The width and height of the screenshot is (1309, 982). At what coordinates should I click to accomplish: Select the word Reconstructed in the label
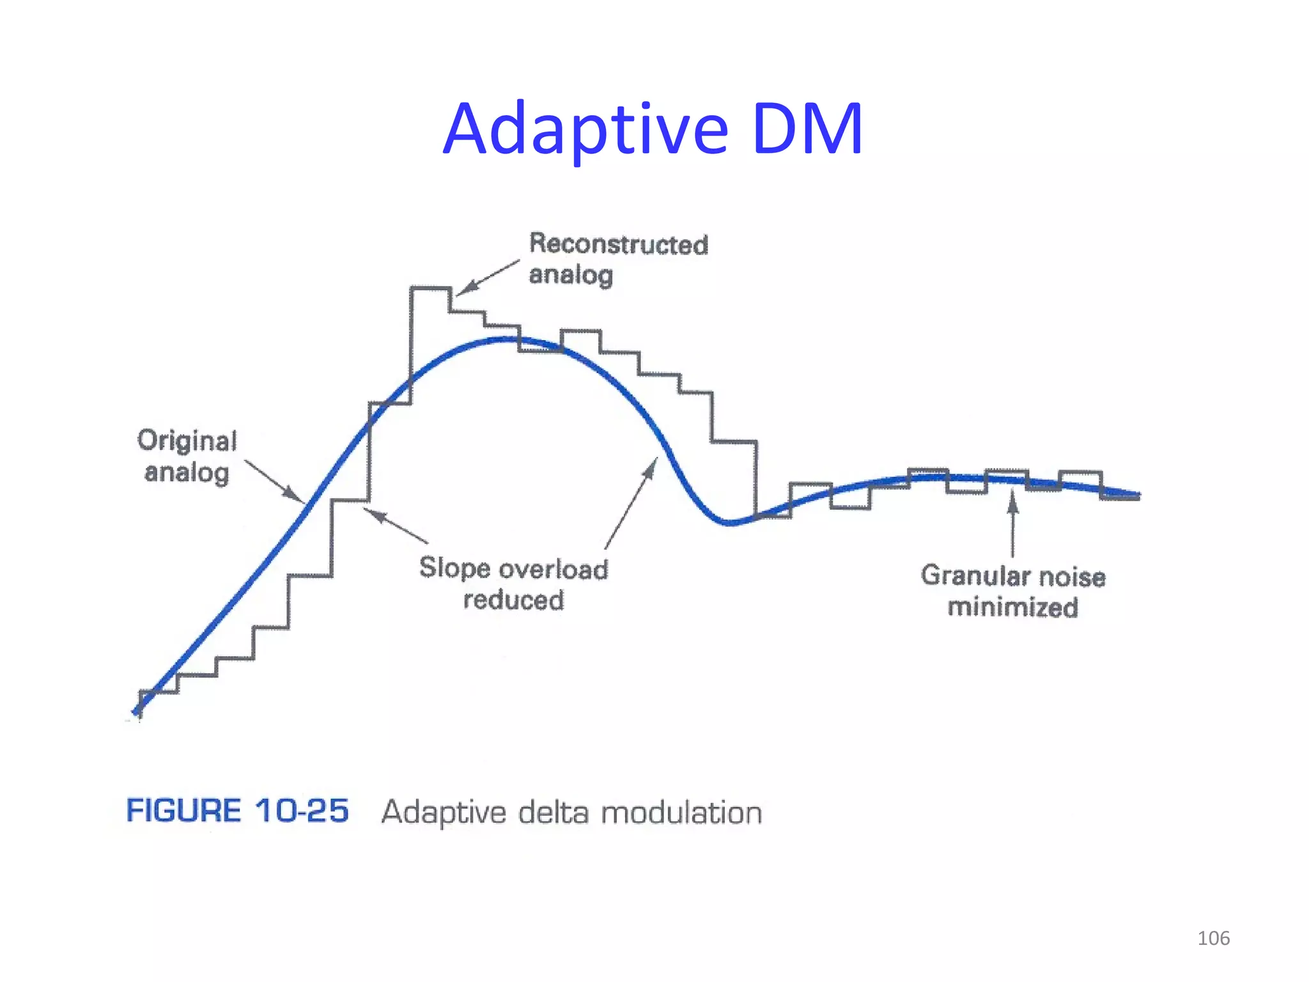619,244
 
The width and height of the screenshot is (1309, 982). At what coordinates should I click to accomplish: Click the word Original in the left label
187,440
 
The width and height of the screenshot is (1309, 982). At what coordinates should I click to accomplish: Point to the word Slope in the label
454,568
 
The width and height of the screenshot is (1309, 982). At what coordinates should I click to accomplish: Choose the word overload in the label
554,569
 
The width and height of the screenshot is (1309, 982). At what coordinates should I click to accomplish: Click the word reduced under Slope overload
514,600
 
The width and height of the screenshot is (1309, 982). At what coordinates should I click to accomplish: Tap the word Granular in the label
970,575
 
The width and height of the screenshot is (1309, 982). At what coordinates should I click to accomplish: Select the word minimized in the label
1012,607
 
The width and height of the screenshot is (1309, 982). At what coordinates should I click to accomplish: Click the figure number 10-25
302,811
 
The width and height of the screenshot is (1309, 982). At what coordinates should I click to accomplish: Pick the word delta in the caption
555,813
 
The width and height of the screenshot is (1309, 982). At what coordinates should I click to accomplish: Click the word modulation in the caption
681,813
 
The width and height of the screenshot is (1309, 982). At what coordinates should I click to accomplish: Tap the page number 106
1213,938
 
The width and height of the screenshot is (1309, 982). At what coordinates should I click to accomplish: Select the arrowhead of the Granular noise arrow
1012,501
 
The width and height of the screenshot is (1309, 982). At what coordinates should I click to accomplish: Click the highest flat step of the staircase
430,289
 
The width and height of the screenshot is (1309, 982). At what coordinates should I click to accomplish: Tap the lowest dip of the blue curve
729,522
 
